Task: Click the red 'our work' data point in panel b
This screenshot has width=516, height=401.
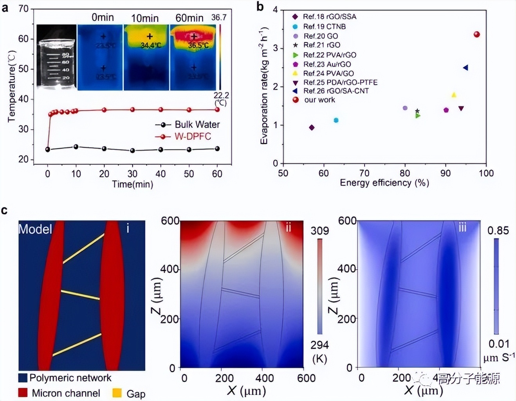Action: click(x=476, y=34)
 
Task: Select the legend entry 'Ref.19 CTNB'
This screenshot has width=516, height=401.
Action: click(x=324, y=27)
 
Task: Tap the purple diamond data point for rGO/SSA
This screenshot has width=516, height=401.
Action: click(x=312, y=128)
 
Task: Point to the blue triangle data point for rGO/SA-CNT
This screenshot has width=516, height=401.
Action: click(x=465, y=68)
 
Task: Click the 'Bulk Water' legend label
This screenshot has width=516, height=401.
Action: click(x=197, y=125)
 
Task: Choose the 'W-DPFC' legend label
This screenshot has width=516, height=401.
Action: click(x=193, y=136)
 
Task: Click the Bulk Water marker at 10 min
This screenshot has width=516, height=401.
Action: click(x=76, y=147)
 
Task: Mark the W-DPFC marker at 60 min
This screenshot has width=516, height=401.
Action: click(x=217, y=109)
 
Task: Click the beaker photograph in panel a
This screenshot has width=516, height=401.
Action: click(x=56, y=57)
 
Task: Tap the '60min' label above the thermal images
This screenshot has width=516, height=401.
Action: click(x=189, y=18)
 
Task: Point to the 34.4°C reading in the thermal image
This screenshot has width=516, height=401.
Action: click(x=151, y=45)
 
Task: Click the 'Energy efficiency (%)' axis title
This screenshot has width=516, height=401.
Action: click(x=384, y=183)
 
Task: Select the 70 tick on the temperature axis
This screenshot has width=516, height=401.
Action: click(x=23, y=9)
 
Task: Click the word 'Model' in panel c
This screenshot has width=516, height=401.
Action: click(x=35, y=229)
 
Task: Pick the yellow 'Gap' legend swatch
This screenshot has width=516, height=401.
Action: click(x=117, y=393)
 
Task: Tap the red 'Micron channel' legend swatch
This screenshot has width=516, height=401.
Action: click(x=23, y=393)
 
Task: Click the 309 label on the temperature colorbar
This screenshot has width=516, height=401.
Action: click(x=319, y=231)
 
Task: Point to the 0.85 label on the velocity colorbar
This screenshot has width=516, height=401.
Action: click(x=498, y=231)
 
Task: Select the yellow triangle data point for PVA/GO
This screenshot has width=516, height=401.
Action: click(x=454, y=95)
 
